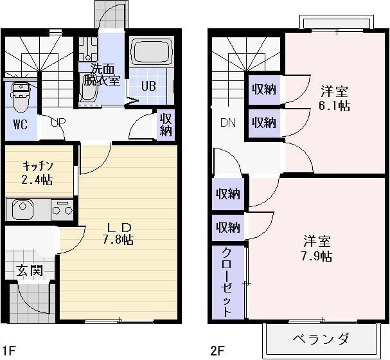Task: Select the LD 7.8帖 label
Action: click(x=120, y=234)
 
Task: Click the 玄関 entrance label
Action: click(x=30, y=271)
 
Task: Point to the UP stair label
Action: click(x=57, y=122)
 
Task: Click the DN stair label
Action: click(x=227, y=123)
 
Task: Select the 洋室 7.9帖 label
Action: click(x=317, y=249)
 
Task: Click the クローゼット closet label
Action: click(x=227, y=282)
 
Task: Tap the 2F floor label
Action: click(x=218, y=352)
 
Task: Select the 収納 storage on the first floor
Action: click(x=166, y=125)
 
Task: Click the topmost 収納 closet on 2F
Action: click(x=263, y=89)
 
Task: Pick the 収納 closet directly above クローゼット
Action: click(x=228, y=227)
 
